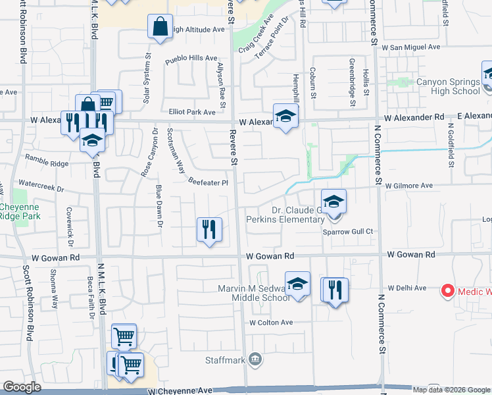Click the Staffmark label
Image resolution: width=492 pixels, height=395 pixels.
pyautogui.click(x=228, y=360)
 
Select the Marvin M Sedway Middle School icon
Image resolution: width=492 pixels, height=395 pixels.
pyautogui.click(x=297, y=284)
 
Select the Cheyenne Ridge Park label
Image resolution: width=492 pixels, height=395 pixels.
pyautogui.click(x=19, y=211)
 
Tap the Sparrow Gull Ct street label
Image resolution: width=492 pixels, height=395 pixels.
pyautogui.click(x=348, y=231)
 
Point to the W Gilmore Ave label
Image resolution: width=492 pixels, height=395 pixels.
pyautogui.click(x=409, y=186)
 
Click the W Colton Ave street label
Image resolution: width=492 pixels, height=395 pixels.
pyautogui.click(x=271, y=323)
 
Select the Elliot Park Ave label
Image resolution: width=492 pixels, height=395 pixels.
pyautogui.click(x=192, y=112)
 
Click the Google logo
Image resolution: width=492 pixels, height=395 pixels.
pyautogui.click(x=22, y=387)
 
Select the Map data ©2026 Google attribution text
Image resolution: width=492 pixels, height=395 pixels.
pyautogui.click(x=451, y=389)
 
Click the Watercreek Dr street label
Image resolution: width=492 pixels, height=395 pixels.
pyautogui.click(x=41, y=188)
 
